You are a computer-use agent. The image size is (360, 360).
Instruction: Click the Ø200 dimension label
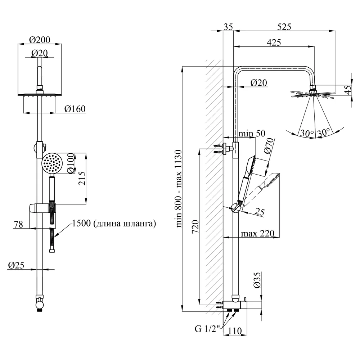tap(40, 40)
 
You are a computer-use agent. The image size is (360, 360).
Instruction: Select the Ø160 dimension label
tap(75, 109)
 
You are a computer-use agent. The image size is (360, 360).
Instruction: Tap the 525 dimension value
tap(284, 27)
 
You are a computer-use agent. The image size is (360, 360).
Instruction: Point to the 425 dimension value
tap(274, 42)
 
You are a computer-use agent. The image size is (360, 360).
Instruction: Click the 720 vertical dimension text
tap(195, 227)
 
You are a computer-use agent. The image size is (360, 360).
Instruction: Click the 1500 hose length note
tap(114, 223)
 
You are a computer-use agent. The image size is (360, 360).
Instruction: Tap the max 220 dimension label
tap(258, 234)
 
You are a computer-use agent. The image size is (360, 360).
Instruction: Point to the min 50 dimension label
tap(252, 134)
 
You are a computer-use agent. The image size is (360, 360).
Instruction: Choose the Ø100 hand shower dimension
tap(71, 163)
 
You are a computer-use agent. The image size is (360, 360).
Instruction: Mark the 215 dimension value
tap(82, 178)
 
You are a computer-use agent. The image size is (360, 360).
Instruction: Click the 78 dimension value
tap(18, 224)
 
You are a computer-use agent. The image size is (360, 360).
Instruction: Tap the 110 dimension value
tap(235, 331)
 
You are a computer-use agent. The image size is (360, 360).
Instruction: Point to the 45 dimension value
tap(348, 90)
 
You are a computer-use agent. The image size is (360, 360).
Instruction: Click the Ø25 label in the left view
tap(16, 265)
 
